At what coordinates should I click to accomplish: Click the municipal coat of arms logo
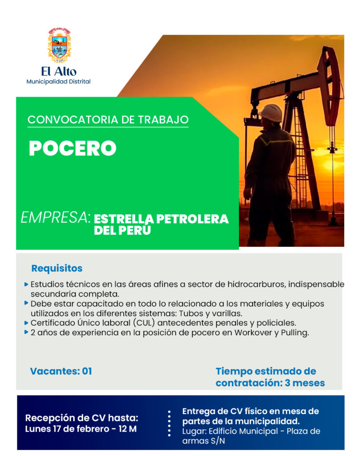click(59, 45)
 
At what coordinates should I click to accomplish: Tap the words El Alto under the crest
click(59, 71)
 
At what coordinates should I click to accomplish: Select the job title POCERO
click(73, 148)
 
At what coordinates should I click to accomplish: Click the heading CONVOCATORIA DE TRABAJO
click(108, 120)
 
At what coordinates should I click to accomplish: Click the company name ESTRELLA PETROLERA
click(161, 219)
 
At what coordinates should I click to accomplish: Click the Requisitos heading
click(57, 268)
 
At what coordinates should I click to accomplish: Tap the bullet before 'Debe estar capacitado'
click(26, 303)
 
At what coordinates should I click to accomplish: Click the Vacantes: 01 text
click(61, 371)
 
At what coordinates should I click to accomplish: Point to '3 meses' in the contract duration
click(305, 383)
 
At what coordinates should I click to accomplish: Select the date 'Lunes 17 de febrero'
click(67, 429)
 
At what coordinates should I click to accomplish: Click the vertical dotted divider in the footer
click(169, 423)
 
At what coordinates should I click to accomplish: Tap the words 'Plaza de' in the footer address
click(304, 431)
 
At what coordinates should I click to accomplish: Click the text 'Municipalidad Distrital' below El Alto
click(58, 82)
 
